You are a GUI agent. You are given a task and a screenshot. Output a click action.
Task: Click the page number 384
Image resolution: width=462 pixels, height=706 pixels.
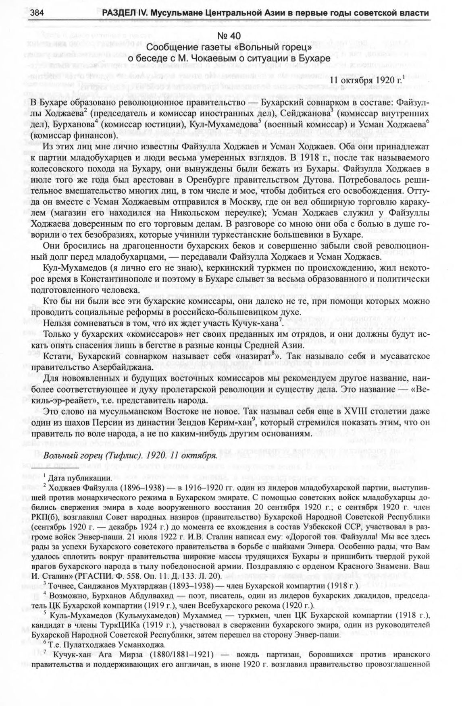[37, 13]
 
